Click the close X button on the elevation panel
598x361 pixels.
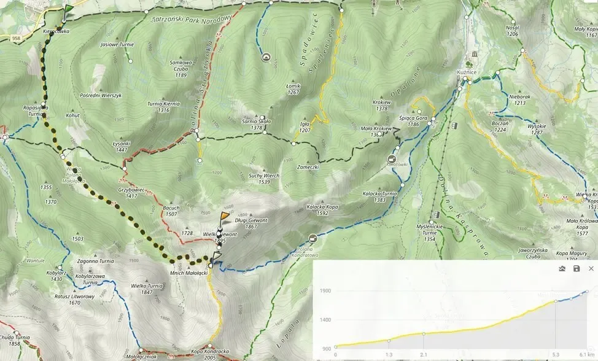pyautogui.click(x=591, y=269)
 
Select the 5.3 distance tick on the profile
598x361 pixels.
pyautogui.click(x=556, y=354)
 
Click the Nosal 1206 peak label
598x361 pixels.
pyautogui.click(x=512, y=31)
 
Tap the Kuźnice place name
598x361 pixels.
pyautogui.click(x=468, y=72)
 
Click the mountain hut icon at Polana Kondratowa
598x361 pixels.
pyautogui.click(x=313, y=238)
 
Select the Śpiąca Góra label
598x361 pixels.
pyautogui.click(x=412, y=118)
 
